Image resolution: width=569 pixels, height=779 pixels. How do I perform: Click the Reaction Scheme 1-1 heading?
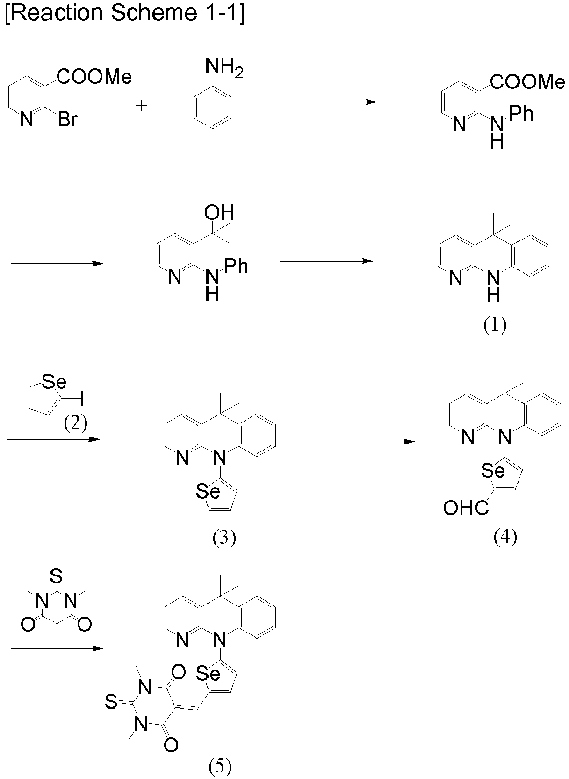click(x=125, y=14)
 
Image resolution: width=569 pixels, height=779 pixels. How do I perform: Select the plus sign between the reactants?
click(x=141, y=105)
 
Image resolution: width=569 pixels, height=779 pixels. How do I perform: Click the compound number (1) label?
click(x=495, y=326)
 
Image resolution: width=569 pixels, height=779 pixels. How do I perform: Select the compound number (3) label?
click(x=224, y=539)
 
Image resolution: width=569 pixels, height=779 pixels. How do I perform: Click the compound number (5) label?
click(x=220, y=766)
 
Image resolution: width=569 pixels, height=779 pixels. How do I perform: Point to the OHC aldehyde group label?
click(x=466, y=509)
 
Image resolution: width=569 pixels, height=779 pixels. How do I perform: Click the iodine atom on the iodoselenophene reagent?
click(x=82, y=399)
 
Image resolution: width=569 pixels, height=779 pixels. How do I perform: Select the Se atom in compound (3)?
click(x=208, y=491)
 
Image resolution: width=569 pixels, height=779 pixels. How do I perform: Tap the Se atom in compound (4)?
click(x=494, y=471)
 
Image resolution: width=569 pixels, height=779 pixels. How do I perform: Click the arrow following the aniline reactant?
click(x=330, y=102)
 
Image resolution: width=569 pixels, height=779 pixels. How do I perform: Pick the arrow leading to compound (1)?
click(x=326, y=261)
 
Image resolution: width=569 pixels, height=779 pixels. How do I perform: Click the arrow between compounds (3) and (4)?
click(x=368, y=442)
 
